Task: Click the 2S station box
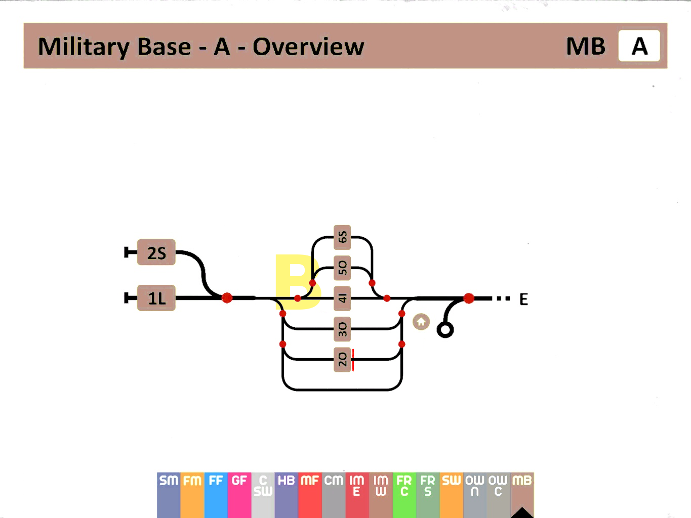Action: point(156,252)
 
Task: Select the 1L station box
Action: point(156,298)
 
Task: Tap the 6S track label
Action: point(343,237)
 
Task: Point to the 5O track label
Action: point(343,268)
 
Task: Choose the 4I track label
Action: point(343,298)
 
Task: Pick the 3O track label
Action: point(343,329)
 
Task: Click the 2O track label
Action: point(343,360)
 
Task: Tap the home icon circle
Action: point(421,322)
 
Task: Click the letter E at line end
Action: point(523,299)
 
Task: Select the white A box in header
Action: point(639,46)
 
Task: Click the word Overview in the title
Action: point(308,47)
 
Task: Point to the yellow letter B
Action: point(298,282)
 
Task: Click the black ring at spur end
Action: point(445,330)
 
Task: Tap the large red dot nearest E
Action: point(469,298)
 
